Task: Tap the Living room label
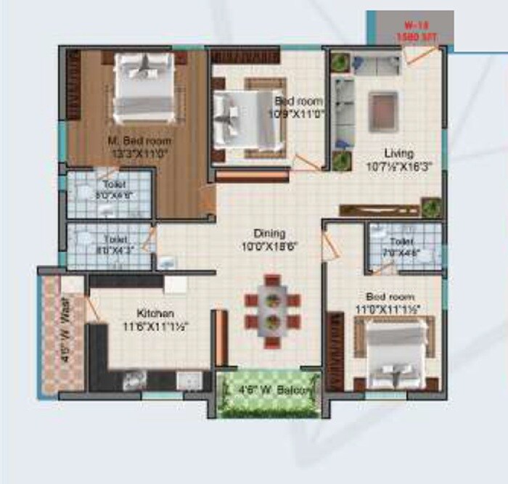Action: (x=399, y=154)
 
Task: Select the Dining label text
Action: (x=269, y=233)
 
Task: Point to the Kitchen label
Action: (x=155, y=313)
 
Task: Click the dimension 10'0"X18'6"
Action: (x=270, y=245)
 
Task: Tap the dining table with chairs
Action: (x=272, y=310)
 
